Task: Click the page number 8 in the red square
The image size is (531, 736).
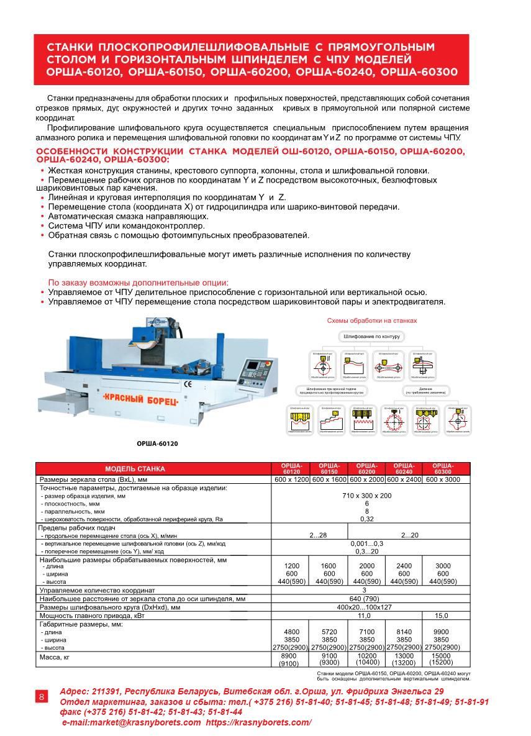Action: point(42,696)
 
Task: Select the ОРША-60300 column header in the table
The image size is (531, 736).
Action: point(442,469)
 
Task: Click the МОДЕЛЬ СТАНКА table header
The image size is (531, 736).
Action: point(135,469)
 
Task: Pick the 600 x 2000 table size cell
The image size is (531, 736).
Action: point(366,479)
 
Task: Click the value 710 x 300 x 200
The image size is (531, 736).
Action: point(366,496)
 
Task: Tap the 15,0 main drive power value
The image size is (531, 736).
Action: point(442,616)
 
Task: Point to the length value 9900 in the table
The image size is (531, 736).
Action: point(441,632)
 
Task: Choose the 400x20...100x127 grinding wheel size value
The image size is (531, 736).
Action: point(364,607)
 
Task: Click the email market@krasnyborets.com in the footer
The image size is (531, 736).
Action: point(132,722)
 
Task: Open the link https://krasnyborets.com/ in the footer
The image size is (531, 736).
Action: point(258,722)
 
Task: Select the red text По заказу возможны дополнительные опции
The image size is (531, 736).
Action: point(138,282)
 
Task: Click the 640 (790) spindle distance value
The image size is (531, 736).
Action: point(364,599)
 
